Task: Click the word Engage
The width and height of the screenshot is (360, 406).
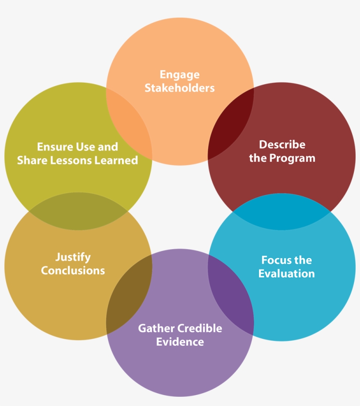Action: coord(180,75)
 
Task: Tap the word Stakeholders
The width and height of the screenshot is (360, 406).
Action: coord(180,88)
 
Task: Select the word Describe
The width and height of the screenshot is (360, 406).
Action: coord(282,145)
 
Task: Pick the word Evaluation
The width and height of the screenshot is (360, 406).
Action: coord(286,274)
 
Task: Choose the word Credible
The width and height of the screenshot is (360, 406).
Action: coord(200,328)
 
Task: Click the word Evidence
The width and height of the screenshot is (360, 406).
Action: coord(180,341)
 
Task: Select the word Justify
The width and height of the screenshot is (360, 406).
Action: coord(73,257)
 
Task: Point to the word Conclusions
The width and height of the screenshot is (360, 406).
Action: coord(73,270)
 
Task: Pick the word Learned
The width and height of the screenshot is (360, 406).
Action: coord(120,160)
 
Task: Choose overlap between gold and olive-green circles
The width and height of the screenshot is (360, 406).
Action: coord(78,211)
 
